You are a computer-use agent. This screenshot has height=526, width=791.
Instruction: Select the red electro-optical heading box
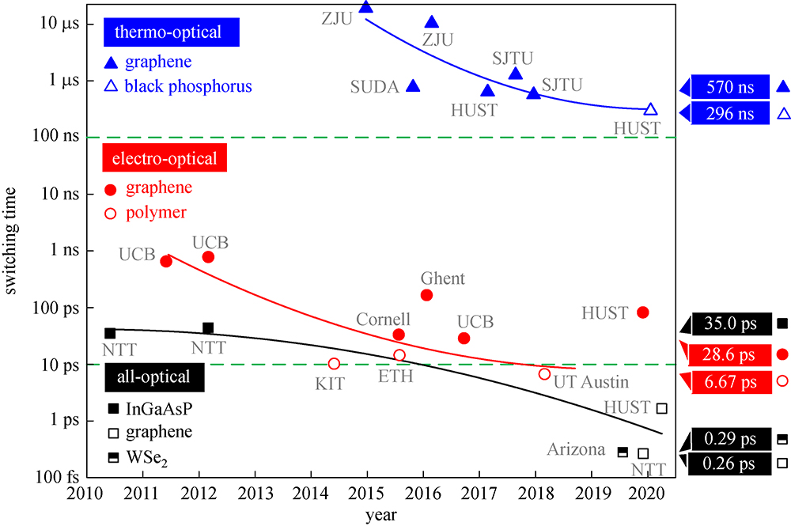pos(165,158)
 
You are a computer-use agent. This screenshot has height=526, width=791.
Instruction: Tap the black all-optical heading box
pos(153,377)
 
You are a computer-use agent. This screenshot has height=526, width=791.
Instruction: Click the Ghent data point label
pos(442,278)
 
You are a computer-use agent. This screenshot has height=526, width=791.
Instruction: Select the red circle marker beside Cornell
pos(399,335)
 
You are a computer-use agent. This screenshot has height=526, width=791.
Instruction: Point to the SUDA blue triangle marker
pos(412,85)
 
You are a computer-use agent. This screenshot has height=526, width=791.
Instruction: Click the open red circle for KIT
pos(334,364)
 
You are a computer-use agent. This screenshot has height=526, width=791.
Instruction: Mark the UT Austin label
pos(591,383)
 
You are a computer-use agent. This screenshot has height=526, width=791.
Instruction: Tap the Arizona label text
pos(577,449)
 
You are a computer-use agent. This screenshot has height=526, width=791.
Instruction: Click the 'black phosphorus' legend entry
pos(188,86)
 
